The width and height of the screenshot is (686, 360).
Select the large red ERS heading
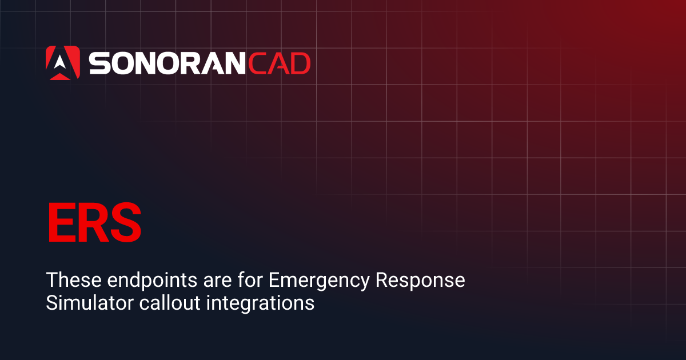(94, 222)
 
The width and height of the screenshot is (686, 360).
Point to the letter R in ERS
(92, 222)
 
